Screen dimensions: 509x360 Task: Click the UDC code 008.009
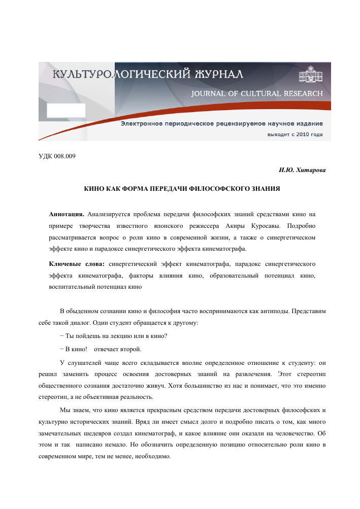(x=66, y=155)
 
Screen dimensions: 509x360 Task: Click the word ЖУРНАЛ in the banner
(x=218, y=75)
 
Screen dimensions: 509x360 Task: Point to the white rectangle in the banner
(x=66, y=110)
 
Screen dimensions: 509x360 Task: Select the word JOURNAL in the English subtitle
(x=208, y=94)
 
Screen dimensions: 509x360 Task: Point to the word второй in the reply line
(x=132, y=349)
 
